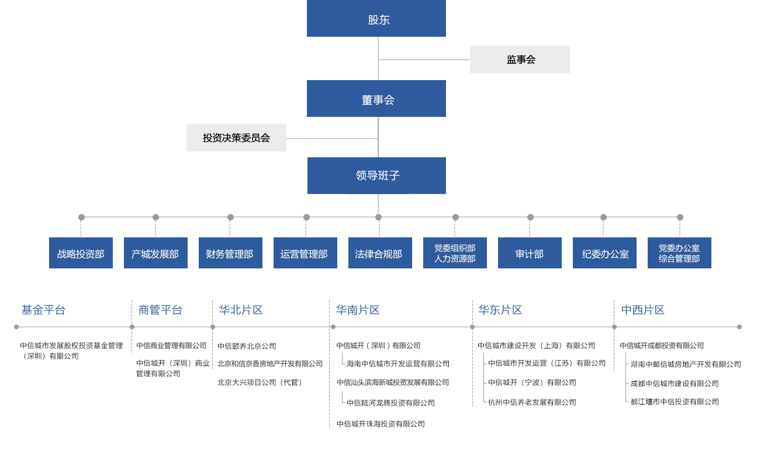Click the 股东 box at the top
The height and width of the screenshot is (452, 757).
(x=376, y=18)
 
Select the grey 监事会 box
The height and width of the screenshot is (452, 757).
(x=520, y=59)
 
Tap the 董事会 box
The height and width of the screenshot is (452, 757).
(x=376, y=98)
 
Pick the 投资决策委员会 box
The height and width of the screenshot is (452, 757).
(x=236, y=137)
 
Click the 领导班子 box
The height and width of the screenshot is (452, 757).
(x=376, y=175)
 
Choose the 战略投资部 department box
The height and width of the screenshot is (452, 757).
(x=81, y=253)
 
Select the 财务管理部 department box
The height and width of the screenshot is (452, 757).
(x=230, y=253)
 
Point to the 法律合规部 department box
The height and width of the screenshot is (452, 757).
(x=380, y=253)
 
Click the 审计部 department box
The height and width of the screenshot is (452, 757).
(x=530, y=253)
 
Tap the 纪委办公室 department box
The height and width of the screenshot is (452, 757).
(x=604, y=253)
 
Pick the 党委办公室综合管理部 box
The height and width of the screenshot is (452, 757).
(x=679, y=253)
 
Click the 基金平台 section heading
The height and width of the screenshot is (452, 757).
(x=43, y=310)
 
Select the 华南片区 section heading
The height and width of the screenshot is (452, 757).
(x=358, y=310)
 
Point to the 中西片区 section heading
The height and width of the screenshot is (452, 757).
(x=643, y=310)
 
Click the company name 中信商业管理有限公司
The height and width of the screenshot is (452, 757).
(x=171, y=346)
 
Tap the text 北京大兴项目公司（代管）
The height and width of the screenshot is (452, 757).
(x=260, y=382)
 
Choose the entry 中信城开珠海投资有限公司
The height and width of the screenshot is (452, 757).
(x=381, y=424)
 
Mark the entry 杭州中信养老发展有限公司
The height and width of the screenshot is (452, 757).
(x=532, y=402)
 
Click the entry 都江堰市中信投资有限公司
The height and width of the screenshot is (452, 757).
(x=675, y=402)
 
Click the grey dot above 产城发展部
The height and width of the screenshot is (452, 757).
(x=155, y=217)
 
